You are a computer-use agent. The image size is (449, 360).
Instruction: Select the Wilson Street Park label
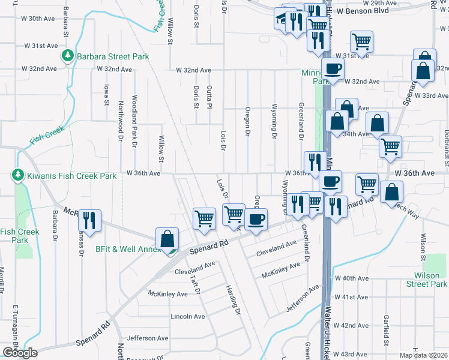[430, 280]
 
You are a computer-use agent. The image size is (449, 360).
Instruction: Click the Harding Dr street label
[233, 296]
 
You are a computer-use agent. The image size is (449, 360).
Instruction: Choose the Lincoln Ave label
[188, 316]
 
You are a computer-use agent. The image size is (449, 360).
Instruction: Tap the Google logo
[20, 353]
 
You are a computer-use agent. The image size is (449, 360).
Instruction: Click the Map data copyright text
[423, 355]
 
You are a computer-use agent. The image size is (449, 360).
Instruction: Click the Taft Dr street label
[194, 281]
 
